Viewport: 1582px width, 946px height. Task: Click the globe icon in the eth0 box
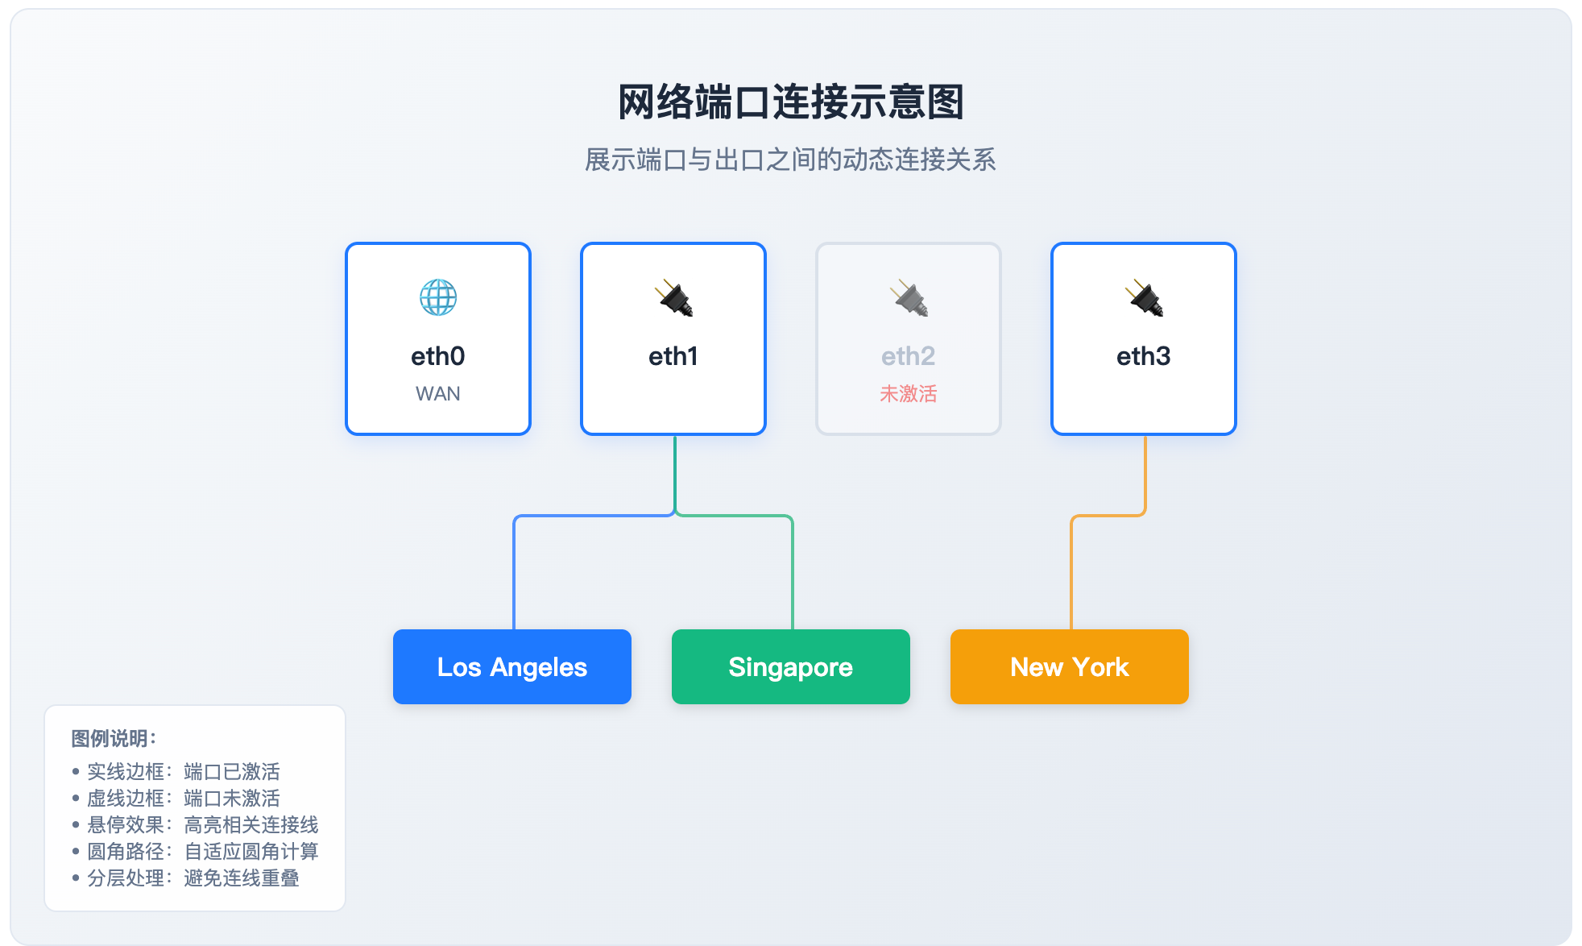click(438, 298)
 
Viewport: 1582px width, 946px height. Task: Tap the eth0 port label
click(438, 356)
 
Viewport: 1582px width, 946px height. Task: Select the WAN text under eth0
click(438, 394)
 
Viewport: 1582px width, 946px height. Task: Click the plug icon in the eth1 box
click(673, 298)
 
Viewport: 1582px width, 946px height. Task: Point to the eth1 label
click(673, 356)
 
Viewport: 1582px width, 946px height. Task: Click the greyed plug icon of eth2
click(909, 298)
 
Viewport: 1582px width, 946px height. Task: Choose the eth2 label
click(909, 356)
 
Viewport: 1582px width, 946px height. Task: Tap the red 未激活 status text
click(909, 394)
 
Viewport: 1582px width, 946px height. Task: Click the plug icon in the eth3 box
click(1144, 298)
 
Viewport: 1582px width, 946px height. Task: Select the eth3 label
click(1144, 356)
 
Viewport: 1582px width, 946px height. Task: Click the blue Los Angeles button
click(512, 667)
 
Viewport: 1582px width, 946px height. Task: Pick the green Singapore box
click(791, 667)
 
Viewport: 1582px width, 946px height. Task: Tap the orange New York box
click(1070, 667)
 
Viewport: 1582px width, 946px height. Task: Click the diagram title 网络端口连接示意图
click(791, 102)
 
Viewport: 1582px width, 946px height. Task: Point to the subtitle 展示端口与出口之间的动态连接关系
click(791, 160)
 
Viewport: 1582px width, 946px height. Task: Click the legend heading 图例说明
click(114, 738)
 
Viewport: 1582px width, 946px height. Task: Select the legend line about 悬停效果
click(202, 825)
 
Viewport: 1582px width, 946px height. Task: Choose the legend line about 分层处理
click(193, 878)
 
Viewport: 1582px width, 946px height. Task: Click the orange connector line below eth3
click(1071, 572)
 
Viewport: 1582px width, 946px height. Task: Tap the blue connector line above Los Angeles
click(514, 572)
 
